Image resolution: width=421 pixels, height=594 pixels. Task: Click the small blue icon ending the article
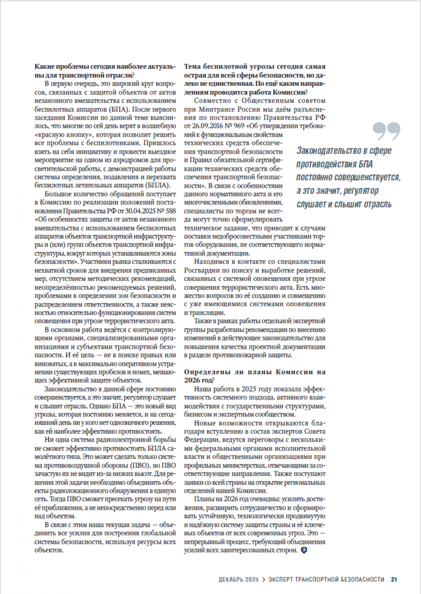coord(304,550)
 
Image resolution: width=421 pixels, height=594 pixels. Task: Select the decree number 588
coord(170,211)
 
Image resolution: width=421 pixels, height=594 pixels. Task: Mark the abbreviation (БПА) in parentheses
coord(117,109)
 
